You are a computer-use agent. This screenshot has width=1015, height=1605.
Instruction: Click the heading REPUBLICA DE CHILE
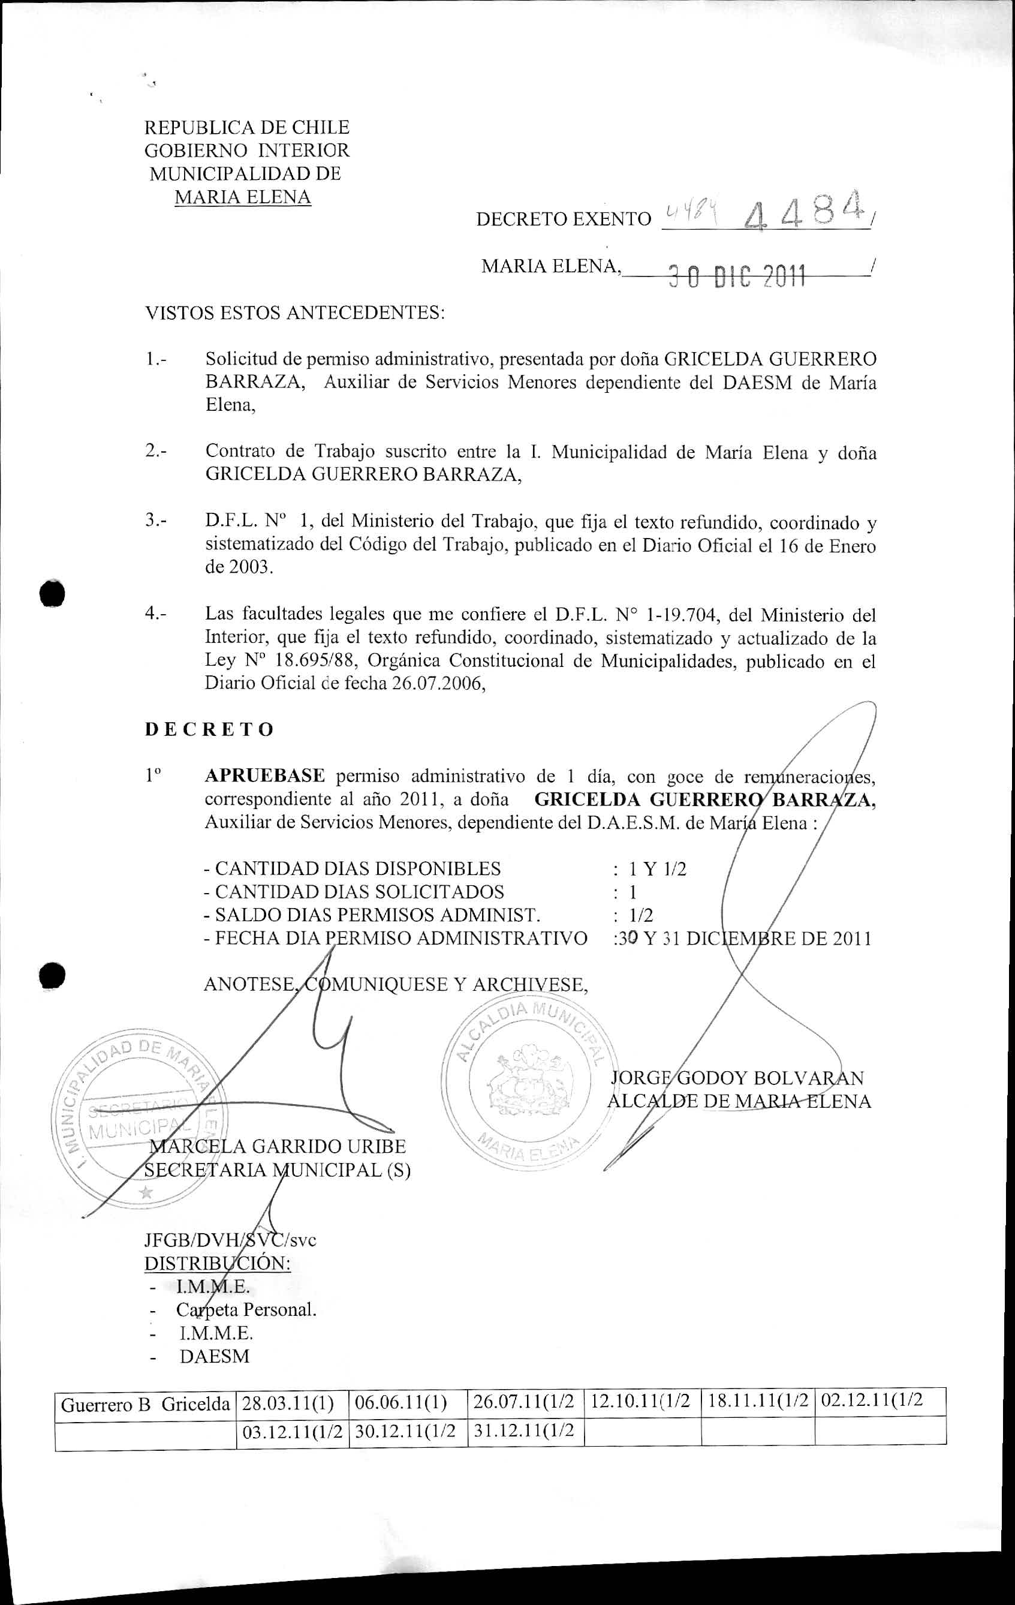click(x=247, y=127)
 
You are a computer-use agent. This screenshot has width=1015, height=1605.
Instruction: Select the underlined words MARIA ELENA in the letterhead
click(x=243, y=197)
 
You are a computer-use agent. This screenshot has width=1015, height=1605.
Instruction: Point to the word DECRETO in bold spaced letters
click(x=209, y=729)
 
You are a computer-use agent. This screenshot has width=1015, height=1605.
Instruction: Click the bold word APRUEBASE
click(x=264, y=776)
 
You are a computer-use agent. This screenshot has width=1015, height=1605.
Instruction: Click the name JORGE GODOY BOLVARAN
click(x=737, y=1078)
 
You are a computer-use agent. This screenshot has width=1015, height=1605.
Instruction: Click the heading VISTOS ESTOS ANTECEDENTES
click(x=294, y=312)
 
